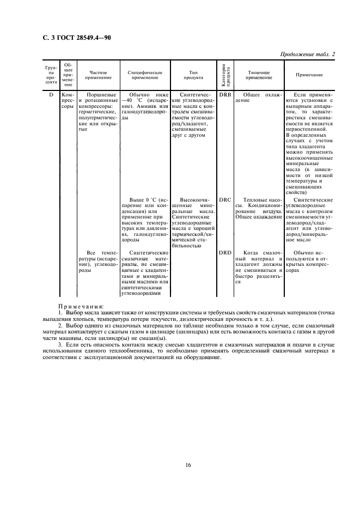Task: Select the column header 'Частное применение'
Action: [x=98, y=75]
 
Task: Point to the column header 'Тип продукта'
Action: [x=194, y=75]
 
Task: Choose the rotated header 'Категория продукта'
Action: [x=225, y=75]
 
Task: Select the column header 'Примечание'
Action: [x=309, y=75]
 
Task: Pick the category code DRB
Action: [x=225, y=95]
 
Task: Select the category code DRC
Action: [x=225, y=199]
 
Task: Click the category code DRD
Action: [x=225, y=253]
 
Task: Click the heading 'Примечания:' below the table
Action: [x=81, y=307]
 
